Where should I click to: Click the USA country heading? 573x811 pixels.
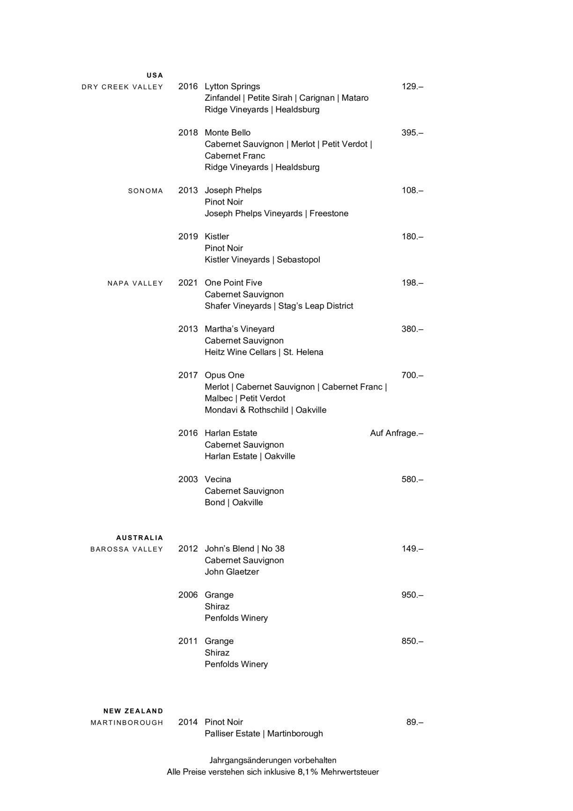(x=154, y=75)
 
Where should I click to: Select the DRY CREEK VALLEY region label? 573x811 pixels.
(x=122, y=87)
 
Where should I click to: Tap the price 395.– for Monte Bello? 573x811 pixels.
(x=412, y=133)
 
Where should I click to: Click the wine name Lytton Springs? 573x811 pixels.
(x=232, y=87)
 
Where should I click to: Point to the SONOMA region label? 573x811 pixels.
(x=146, y=191)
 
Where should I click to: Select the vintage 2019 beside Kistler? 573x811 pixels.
(x=188, y=236)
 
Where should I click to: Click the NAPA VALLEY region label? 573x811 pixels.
(x=135, y=283)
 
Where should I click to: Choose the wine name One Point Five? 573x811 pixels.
(x=233, y=283)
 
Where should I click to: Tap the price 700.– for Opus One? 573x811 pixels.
(x=412, y=375)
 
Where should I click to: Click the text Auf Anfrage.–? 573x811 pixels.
(x=396, y=433)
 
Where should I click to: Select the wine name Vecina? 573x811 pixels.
(x=218, y=479)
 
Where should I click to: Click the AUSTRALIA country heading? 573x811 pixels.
(x=140, y=538)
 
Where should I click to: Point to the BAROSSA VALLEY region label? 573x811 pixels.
(x=126, y=549)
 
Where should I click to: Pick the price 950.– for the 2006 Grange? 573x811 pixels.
(x=412, y=595)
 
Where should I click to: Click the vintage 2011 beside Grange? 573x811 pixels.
(x=188, y=641)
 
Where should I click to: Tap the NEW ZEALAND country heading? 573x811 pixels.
(x=133, y=711)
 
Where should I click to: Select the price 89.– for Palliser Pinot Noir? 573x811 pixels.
(x=414, y=722)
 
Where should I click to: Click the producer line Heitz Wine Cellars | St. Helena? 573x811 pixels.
(x=264, y=352)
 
